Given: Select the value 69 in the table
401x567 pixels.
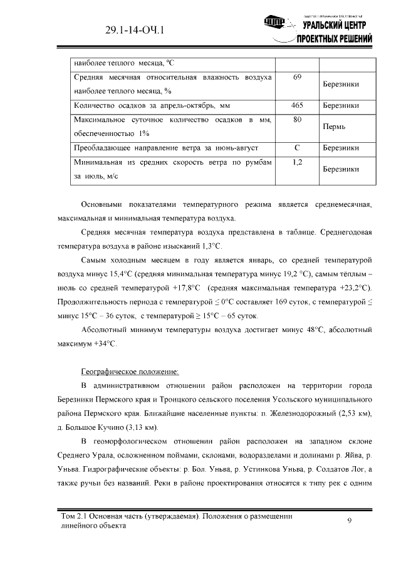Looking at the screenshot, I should coord(298,77).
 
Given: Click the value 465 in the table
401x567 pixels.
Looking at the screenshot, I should coord(298,105).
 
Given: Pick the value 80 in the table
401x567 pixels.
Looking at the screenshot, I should coord(298,119).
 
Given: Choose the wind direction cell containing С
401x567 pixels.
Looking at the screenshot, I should coord(298,148).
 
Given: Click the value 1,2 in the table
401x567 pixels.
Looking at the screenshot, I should coord(298,162).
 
